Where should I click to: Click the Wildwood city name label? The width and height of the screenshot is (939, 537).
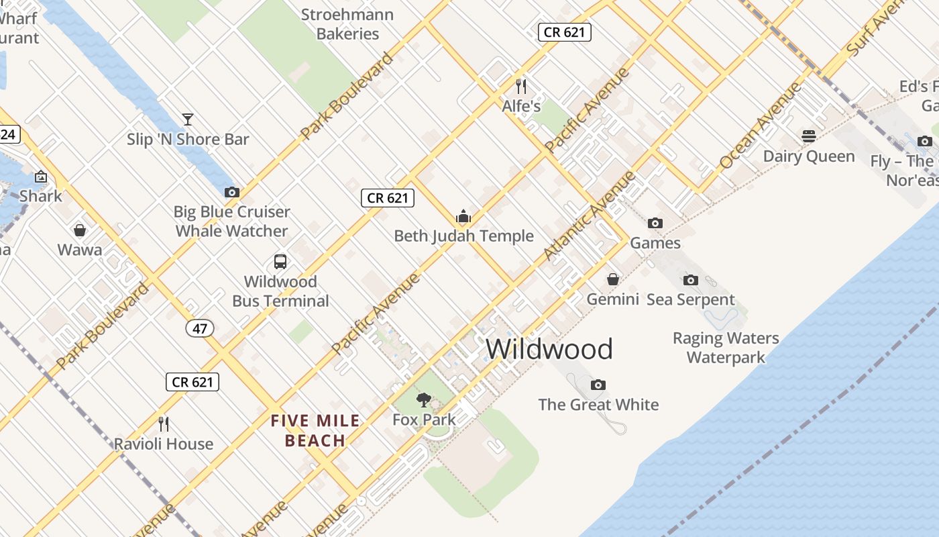coord(549,349)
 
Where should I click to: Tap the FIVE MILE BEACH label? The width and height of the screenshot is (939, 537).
coord(315,431)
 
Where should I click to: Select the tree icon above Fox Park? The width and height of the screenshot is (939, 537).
coord(423,400)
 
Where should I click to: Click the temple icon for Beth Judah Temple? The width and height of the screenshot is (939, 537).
coord(463,216)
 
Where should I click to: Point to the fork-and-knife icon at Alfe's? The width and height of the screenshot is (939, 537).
coord(521,86)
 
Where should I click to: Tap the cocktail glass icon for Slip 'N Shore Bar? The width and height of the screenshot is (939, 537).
coord(188,119)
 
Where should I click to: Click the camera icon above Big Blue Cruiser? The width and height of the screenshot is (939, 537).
coord(232,192)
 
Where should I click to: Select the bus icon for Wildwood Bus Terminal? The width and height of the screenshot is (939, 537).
coord(280,261)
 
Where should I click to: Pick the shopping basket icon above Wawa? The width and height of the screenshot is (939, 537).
coord(80,230)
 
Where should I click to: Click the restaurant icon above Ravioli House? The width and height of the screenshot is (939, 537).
coord(163,424)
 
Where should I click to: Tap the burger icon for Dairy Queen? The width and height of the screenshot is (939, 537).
coord(809,136)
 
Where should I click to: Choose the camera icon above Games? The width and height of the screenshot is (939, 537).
coord(655,223)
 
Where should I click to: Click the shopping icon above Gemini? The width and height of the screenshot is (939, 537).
coord(613,279)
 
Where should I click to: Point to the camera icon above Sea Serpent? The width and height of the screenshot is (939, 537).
coord(691,280)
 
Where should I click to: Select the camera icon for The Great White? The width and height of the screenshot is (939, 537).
coord(598,385)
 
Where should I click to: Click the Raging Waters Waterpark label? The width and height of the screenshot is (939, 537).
coord(726,348)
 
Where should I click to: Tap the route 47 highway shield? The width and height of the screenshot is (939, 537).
coord(200,328)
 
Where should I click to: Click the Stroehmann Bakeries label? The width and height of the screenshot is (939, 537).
coord(347,24)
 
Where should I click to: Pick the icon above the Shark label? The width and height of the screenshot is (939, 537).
coord(41,177)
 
